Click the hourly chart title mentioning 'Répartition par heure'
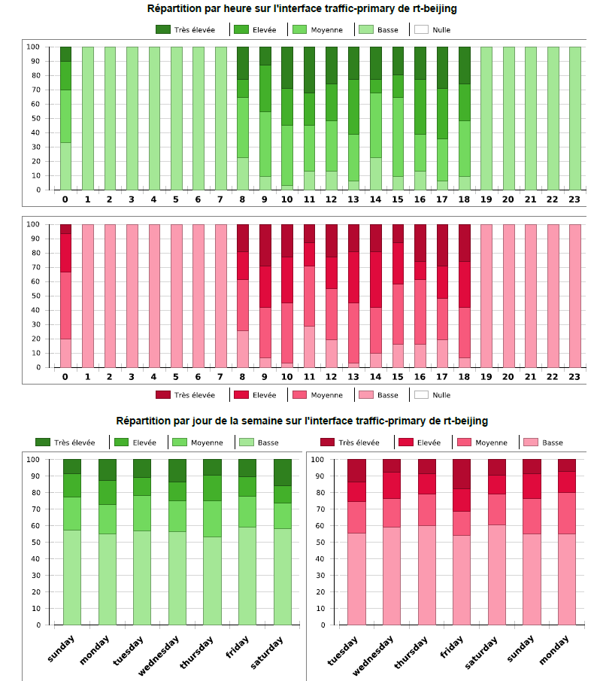pyautogui.click(x=302, y=9)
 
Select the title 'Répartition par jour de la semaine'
pyautogui.click(x=302, y=421)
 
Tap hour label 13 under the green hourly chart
pyautogui.click(x=353, y=199)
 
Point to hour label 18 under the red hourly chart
pyautogui.click(x=464, y=376)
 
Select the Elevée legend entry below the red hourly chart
pyautogui.click(x=259, y=395)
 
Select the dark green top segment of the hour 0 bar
pyautogui.click(x=65, y=54)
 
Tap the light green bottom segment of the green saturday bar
pyautogui.click(x=283, y=576)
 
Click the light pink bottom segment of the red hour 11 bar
pyautogui.click(x=309, y=346)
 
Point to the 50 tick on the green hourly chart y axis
pyautogui.click(x=34, y=118)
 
